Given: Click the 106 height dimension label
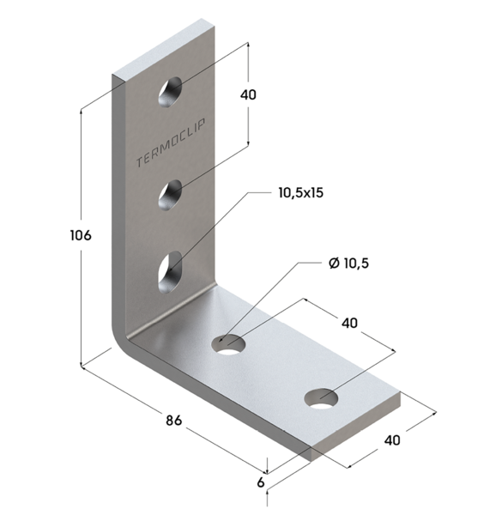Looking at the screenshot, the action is (x=81, y=235).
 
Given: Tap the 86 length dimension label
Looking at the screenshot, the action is (x=174, y=421).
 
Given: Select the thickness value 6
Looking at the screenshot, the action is (x=261, y=482).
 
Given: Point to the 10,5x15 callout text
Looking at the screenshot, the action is (x=301, y=192).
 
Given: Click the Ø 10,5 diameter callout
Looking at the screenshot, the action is (x=348, y=263).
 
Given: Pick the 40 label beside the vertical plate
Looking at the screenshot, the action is (x=248, y=94).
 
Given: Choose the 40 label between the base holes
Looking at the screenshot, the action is (x=349, y=323).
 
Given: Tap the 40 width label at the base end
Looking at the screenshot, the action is (x=392, y=440).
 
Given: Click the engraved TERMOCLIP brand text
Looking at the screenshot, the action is (x=170, y=143).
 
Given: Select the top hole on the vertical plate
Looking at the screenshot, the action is (x=170, y=92).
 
